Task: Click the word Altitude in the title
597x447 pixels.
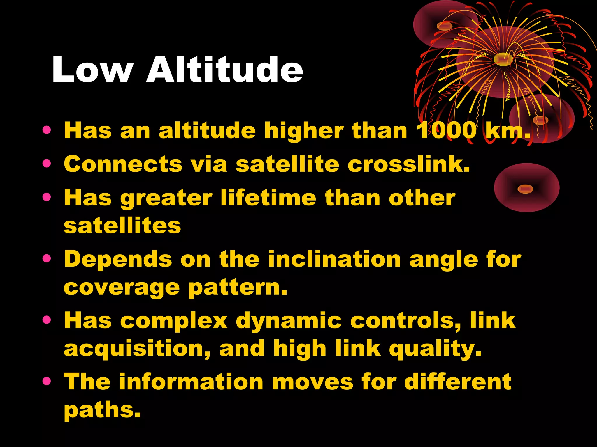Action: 224,70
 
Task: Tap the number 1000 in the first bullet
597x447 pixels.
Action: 446,131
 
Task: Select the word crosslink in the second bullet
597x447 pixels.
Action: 408,164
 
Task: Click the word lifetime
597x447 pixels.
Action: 268,198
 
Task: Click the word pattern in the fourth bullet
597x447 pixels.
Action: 237,288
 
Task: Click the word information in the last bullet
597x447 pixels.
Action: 191,382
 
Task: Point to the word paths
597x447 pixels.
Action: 102,410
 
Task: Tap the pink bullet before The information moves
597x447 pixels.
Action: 46,381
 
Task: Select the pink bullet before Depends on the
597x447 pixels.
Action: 46,258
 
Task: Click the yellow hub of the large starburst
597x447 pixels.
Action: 503,59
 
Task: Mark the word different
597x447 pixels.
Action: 458,382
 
